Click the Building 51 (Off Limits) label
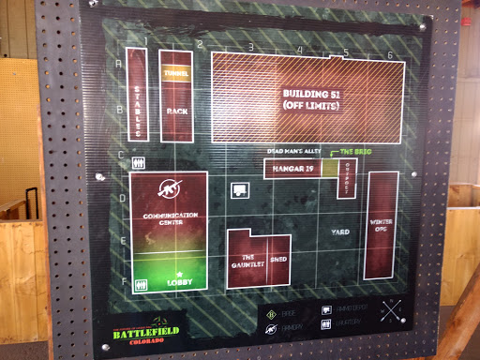(310, 100)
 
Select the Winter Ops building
(381, 226)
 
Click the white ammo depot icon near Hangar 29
(240, 189)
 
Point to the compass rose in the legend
(393, 313)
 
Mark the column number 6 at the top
(389, 54)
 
